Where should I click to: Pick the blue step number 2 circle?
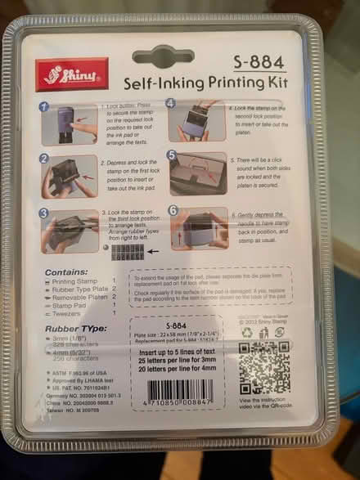coord(46,159)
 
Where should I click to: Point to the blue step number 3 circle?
coord(46,213)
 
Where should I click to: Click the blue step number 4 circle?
coord(171,105)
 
